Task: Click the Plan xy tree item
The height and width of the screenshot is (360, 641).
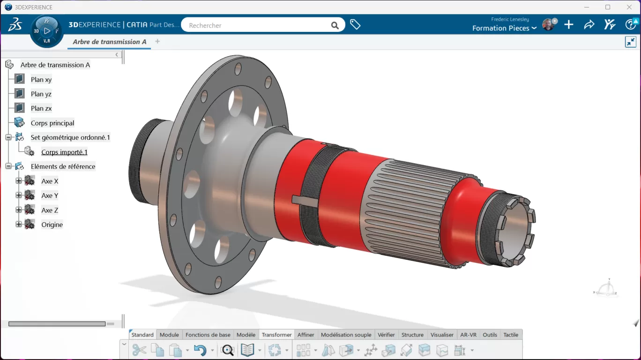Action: (x=41, y=80)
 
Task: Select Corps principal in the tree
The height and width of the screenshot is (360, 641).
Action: (x=52, y=123)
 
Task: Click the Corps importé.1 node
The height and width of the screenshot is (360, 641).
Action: (x=64, y=152)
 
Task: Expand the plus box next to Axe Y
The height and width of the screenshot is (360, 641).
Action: (x=19, y=195)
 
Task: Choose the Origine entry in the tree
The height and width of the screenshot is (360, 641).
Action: (x=52, y=225)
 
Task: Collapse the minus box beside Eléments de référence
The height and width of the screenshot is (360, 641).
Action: (x=8, y=166)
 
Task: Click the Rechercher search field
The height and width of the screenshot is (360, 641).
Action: (x=255, y=25)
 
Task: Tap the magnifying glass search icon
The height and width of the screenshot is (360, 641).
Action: (x=335, y=25)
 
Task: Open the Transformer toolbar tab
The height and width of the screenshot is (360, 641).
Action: (x=276, y=335)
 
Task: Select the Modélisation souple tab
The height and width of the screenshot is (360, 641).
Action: (x=346, y=335)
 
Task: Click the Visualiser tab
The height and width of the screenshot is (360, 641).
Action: (x=442, y=335)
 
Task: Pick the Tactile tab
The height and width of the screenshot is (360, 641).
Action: (x=511, y=335)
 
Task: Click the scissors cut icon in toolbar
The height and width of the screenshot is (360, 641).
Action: (x=139, y=350)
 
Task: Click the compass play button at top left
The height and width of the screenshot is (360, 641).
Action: (x=47, y=31)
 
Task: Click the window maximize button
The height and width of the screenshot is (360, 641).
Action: (x=608, y=7)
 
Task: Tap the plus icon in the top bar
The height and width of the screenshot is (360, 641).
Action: (x=569, y=25)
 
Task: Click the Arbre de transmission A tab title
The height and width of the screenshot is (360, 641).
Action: (x=110, y=42)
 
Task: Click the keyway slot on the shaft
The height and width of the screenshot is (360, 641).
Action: (x=305, y=200)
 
